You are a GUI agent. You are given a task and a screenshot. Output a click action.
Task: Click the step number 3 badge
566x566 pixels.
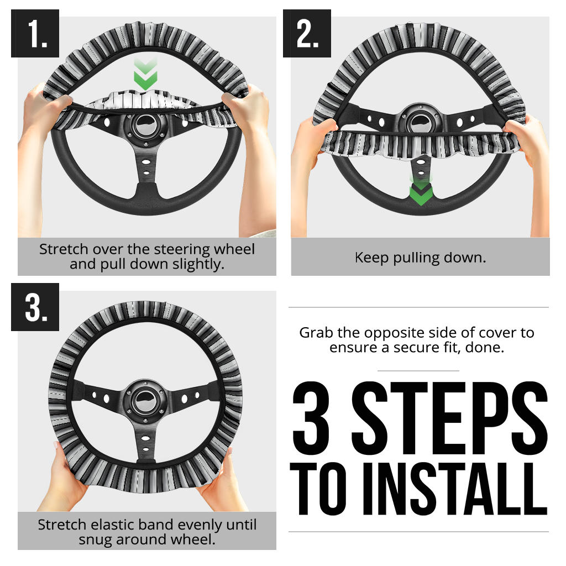coord(35,307)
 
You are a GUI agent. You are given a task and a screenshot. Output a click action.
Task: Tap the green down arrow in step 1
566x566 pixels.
coord(145,75)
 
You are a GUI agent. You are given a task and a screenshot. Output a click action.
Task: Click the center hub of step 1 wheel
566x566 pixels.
coord(146,124)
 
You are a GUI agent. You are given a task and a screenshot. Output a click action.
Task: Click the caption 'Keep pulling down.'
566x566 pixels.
coord(420,258)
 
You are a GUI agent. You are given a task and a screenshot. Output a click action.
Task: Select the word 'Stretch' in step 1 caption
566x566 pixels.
coord(60,249)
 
